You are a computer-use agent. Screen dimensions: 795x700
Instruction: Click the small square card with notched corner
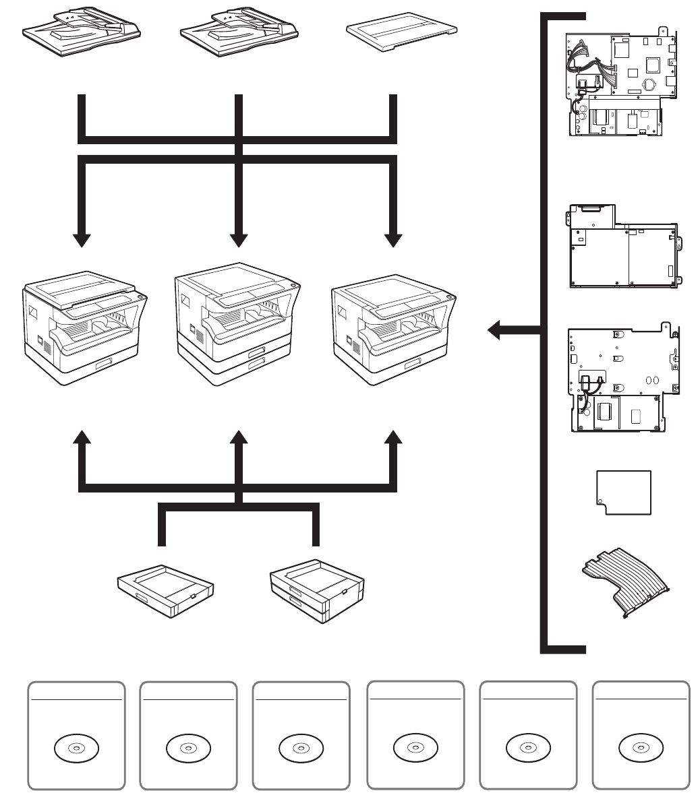[624, 492]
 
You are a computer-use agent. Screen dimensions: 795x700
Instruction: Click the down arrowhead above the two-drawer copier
[238, 240]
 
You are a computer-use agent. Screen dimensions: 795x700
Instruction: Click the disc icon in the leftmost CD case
[76, 749]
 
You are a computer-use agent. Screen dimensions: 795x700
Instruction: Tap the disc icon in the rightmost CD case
[641, 749]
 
